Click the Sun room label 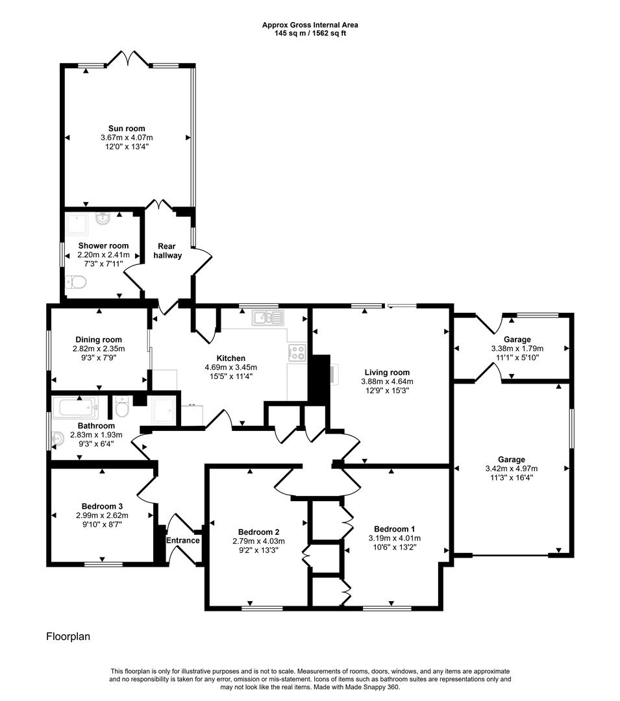pyautogui.click(x=127, y=129)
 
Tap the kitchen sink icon pyautogui.click(x=268, y=317)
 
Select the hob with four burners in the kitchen pyautogui.click(x=297, y=352)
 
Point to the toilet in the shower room pyautogui.click(x=76, y=282)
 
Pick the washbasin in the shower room pyautogui.click(x=103, y=219)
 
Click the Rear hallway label pyautogui.click(x=168, y=251)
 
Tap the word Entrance pyautogui.click(x=182, y=541)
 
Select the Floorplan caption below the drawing pyautogui.click(x=68, y=637)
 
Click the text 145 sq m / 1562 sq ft pyautogui.click(x=310, y=33)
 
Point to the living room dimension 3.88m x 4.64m pyautogui.click(x=388, y=382)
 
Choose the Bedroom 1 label pyautogui.click(x=387, y=528)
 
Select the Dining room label pyautogui.click(x=99, y=339)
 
